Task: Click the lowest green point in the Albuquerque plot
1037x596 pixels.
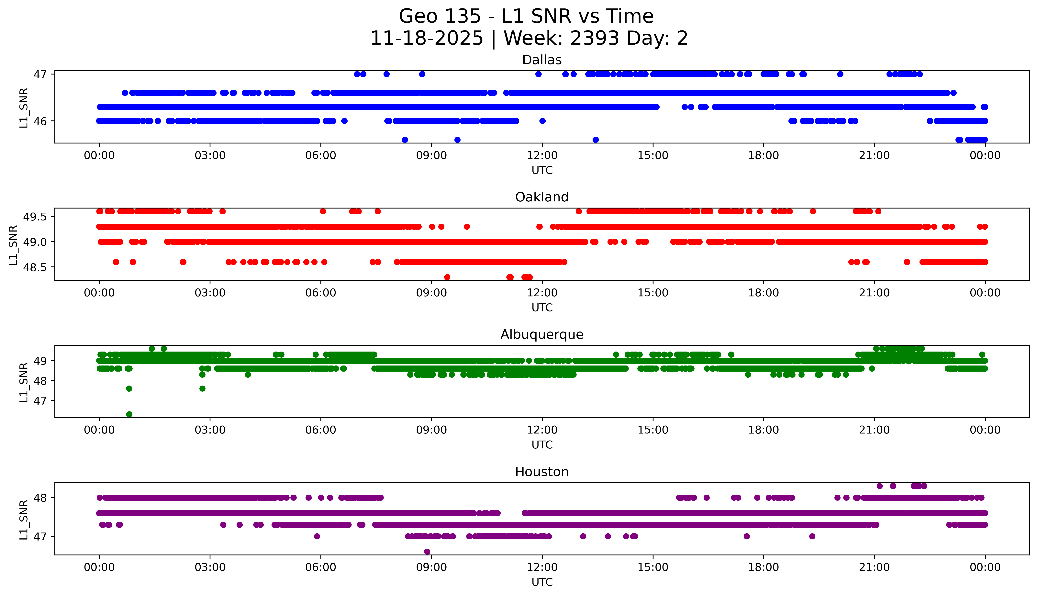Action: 129,414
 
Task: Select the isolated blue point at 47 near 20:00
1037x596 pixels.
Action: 840,74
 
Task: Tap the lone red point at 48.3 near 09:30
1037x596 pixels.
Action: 447,277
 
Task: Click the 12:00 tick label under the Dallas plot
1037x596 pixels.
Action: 542,156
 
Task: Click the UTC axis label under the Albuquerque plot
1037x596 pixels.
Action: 542,445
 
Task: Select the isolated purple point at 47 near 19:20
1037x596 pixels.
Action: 812,536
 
